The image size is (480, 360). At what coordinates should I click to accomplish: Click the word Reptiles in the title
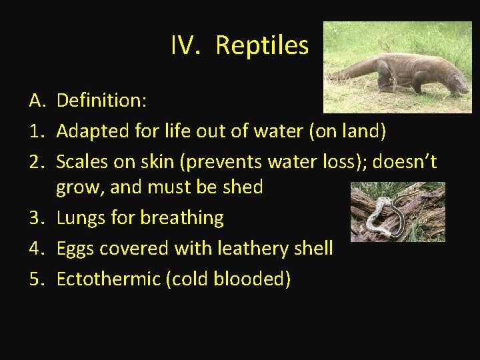pos(262,45)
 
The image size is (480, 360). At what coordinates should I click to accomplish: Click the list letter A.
pos(37,101)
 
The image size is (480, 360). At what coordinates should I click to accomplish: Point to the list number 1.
pos(37,131)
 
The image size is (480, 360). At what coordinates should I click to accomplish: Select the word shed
pos(243,187)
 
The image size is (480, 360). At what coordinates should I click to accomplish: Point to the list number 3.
pos(37,218)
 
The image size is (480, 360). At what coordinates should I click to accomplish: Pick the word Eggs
pos(75,249)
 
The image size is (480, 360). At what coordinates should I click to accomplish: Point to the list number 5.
pos(37,279)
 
